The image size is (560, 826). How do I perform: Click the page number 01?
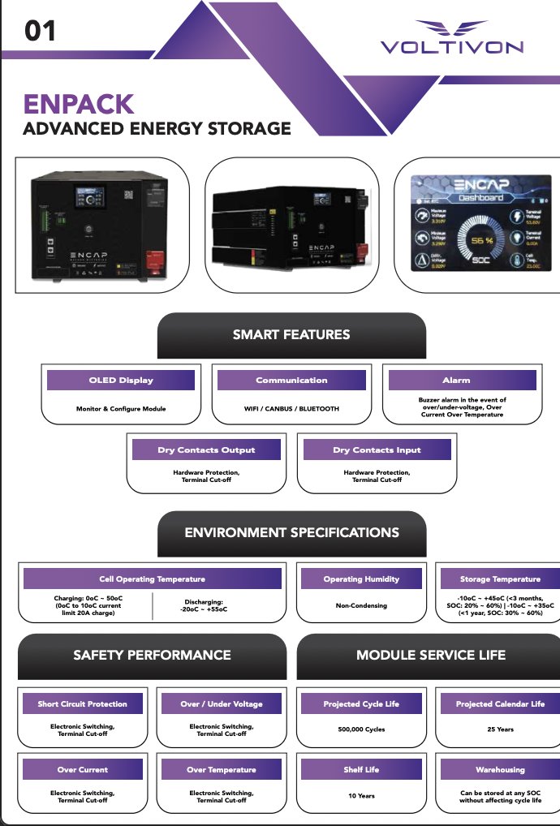40,31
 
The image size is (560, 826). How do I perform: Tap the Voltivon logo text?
452,47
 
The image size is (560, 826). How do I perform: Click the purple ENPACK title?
78,104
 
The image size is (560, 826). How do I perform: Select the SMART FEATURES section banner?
291,334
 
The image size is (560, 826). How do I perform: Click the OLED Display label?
121,380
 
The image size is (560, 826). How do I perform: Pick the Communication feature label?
291,380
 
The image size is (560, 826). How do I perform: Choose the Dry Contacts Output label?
206,450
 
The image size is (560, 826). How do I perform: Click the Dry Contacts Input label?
377,450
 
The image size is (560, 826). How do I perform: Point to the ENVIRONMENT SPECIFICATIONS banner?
291,533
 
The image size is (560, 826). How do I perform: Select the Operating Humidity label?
361,579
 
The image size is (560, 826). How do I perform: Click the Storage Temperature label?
499,579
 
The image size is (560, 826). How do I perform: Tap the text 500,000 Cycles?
361,729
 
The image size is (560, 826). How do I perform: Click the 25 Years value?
500,729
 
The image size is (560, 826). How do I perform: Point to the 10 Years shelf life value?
361,796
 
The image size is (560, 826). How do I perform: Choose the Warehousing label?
500,769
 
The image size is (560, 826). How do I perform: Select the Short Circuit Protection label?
82,703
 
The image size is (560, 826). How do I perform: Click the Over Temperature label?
221,769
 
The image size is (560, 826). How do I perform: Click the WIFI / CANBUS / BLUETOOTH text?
291,409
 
